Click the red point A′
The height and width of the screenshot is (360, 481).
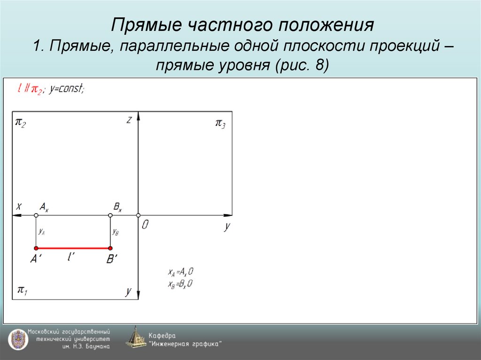[x=36, y=248]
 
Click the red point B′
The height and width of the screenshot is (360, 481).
[x=110, y=248]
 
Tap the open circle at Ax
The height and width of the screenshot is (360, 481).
[x=36, y=215]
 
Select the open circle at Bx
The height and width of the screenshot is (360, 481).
[x=110, y=215]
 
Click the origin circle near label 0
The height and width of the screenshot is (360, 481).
[x=138, y=215]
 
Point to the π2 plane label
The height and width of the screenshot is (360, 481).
[x=21, y=123]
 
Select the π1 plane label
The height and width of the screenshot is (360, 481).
[x=22, y=290]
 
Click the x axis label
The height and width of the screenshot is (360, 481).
[x=19, y=206]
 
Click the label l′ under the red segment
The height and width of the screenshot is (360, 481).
[x=70, y=257]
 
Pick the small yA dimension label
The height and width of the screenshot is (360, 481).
[x=42, y=231]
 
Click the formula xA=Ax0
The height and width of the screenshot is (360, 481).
[x=181, y=272]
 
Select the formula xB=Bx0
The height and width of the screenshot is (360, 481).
[x=181, y=283]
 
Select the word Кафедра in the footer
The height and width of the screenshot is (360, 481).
[x=162, y=336]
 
